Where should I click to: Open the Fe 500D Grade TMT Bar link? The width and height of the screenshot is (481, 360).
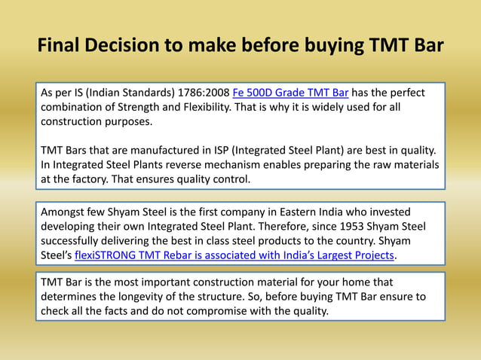(x=290, y=93)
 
